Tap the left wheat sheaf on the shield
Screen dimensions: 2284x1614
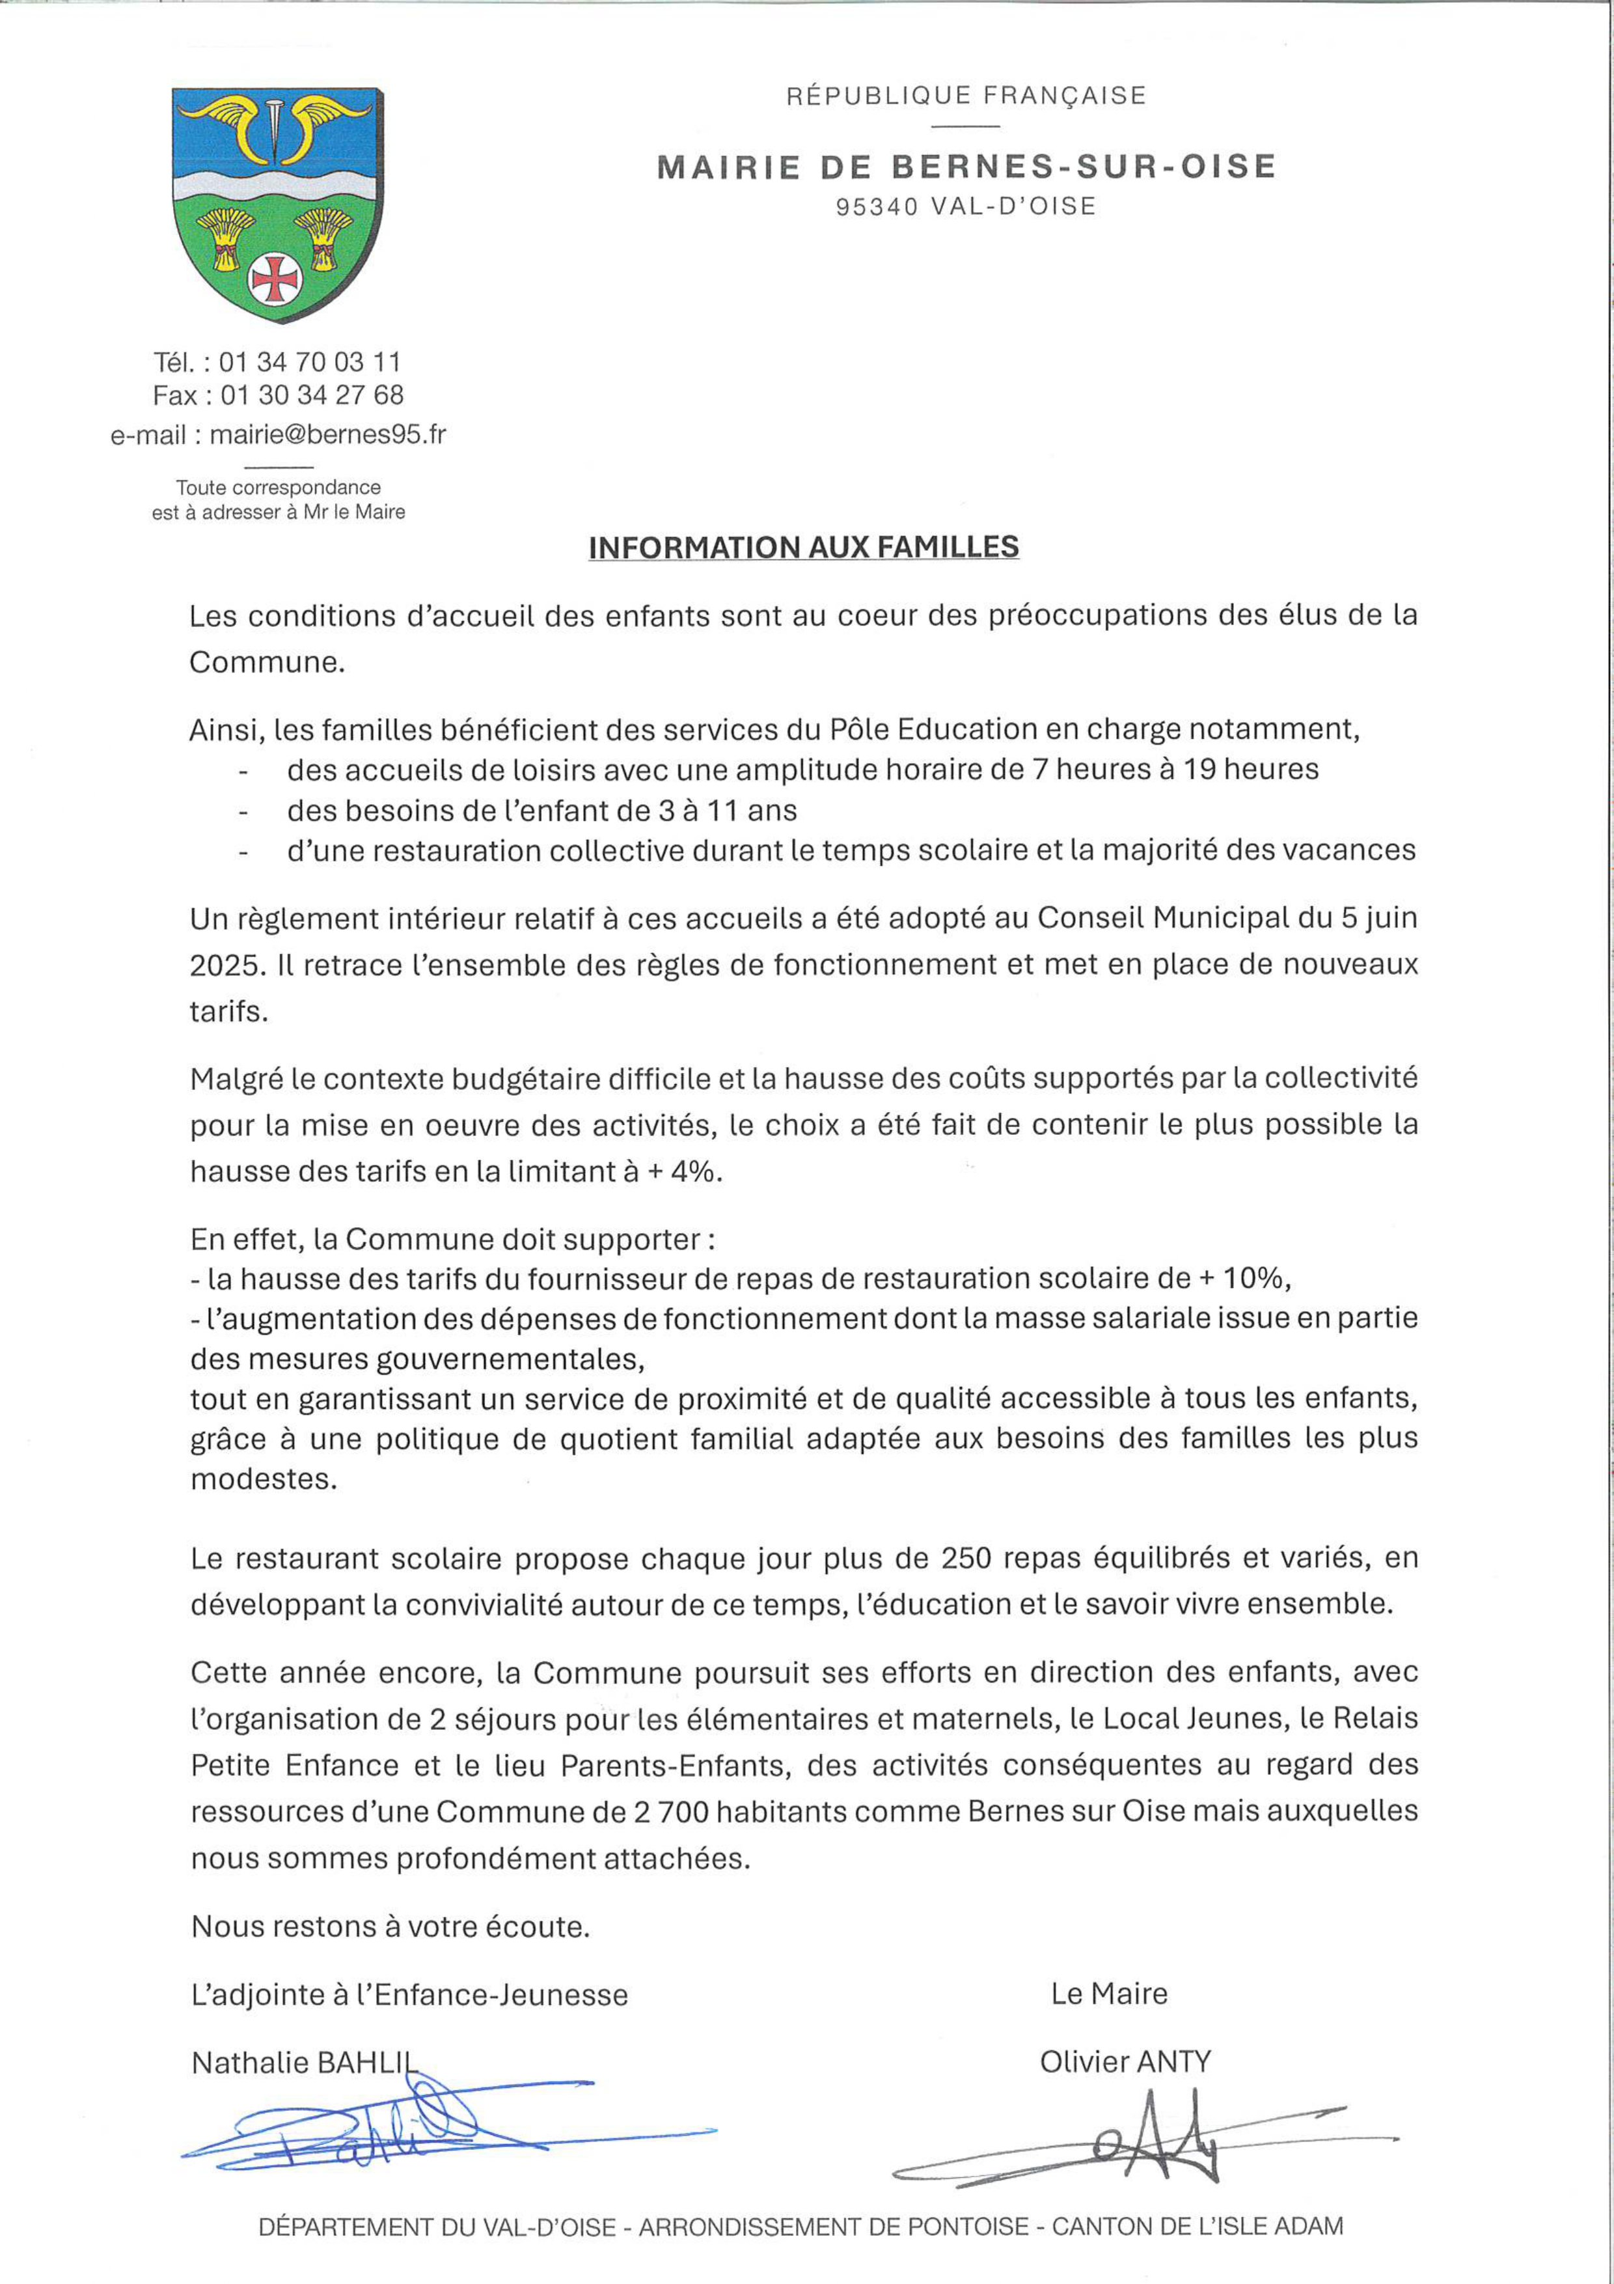226,239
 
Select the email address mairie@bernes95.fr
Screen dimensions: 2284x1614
327,435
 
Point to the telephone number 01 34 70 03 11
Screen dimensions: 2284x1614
309,361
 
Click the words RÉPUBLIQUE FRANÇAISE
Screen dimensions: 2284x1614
966,96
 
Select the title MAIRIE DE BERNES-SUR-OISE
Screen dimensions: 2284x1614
966,166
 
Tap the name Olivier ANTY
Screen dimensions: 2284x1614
1125,2062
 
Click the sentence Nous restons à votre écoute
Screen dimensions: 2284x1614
391,1926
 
